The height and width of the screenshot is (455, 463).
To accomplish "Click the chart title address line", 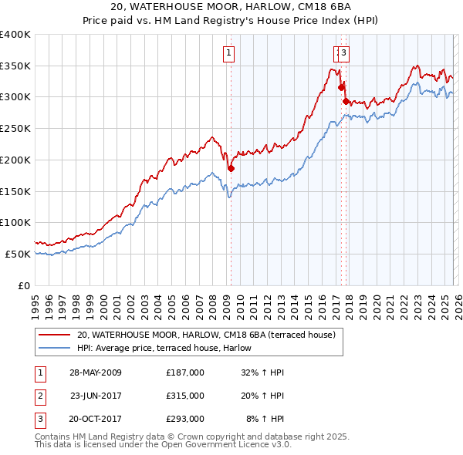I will (231, 8).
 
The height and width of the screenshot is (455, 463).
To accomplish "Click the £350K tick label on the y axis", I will (15, 66).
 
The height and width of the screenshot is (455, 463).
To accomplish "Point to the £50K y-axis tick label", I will (18, 254).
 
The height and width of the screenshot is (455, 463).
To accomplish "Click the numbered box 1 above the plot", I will (230, 53).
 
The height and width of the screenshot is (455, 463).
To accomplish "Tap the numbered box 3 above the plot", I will (343, 53).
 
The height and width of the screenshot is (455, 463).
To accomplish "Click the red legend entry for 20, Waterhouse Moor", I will (205, 335).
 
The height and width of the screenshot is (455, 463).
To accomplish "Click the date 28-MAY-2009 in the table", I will (95, 372).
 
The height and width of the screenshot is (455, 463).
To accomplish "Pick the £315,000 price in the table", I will (185, 396).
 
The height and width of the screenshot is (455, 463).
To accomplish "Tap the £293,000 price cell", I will (185, 419).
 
